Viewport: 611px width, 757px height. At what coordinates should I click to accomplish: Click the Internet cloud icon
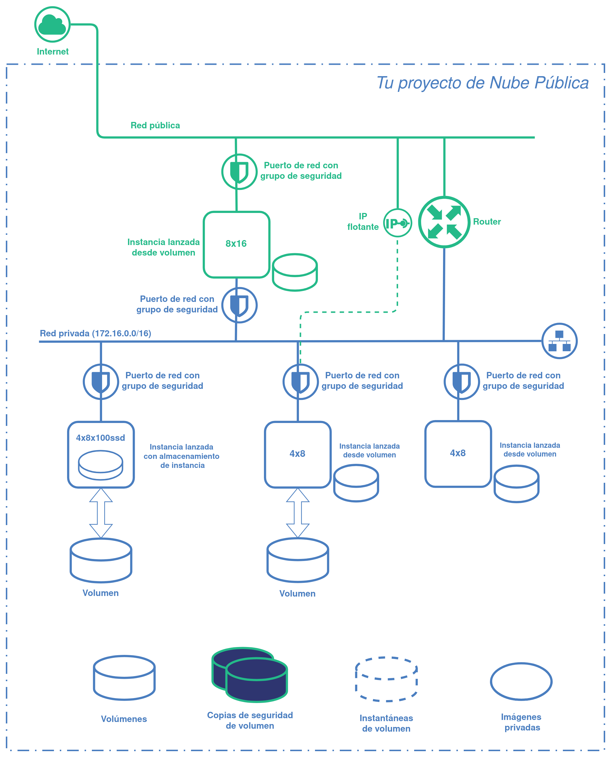(x=52, y=24)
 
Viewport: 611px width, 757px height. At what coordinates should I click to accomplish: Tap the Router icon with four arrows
(x=444, y=222)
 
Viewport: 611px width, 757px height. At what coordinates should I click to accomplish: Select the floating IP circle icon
(x=397, y=223)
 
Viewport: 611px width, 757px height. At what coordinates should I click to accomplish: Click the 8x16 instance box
(x=236, y=244)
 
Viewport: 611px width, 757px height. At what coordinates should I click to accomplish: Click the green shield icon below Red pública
(x=239, y=172)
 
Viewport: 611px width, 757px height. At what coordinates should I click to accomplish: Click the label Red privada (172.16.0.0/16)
(x=95, y=333)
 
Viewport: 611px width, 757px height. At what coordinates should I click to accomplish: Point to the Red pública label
(x=155, y=125)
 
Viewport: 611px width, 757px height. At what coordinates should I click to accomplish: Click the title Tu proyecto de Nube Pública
(x=482, y=83)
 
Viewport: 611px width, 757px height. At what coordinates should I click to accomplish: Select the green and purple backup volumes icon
(x=250, y=674)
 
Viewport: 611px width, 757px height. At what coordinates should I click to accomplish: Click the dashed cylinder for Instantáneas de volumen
(x=386, y=679)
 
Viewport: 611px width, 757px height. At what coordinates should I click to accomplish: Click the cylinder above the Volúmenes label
(x=124, y=677)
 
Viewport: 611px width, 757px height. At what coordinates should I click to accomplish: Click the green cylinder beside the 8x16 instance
(x=295, y=272)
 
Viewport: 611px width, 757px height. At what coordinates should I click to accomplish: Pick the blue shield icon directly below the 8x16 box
(x=239, y=305)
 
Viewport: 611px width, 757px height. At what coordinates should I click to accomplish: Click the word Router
(x=486, y=221)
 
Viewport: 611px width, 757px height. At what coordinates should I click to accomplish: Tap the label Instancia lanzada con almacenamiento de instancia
(x=182, y=456)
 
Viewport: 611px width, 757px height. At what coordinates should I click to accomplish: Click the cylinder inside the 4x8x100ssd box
(x=101, y=465)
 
